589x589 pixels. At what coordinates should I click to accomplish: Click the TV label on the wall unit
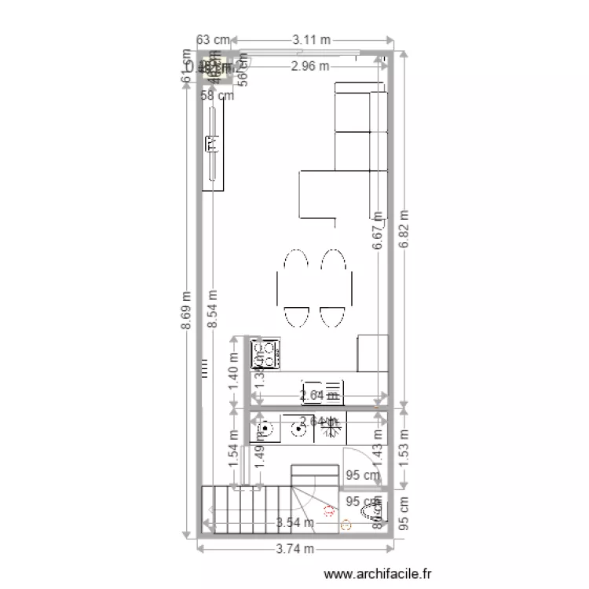pyautogui.click(x=211, y=144)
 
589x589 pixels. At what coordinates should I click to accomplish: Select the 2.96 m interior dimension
pyautogui.click(x=309, y=67)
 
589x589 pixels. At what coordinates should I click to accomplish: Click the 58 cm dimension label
pyautogui.click(x=218, y=96)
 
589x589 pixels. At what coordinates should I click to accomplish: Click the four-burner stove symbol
pyautogui.click(x=265, y=354)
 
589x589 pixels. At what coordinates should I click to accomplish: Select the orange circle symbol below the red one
pyautogui.click(x=346, y=526)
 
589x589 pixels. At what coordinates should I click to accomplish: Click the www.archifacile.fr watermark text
pyautogui.click(x=378, y=575)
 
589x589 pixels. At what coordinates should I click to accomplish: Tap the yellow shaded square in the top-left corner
pyautogui.click(x=213, y=68)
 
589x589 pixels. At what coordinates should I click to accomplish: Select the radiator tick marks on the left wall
pyautogui.click(x=204, y=368)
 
